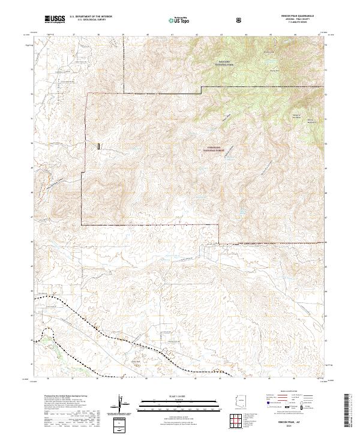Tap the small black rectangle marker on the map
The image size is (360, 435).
pos(100,145)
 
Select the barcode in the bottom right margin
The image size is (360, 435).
pos(347,410)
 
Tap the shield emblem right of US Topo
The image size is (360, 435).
pos(223,20)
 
